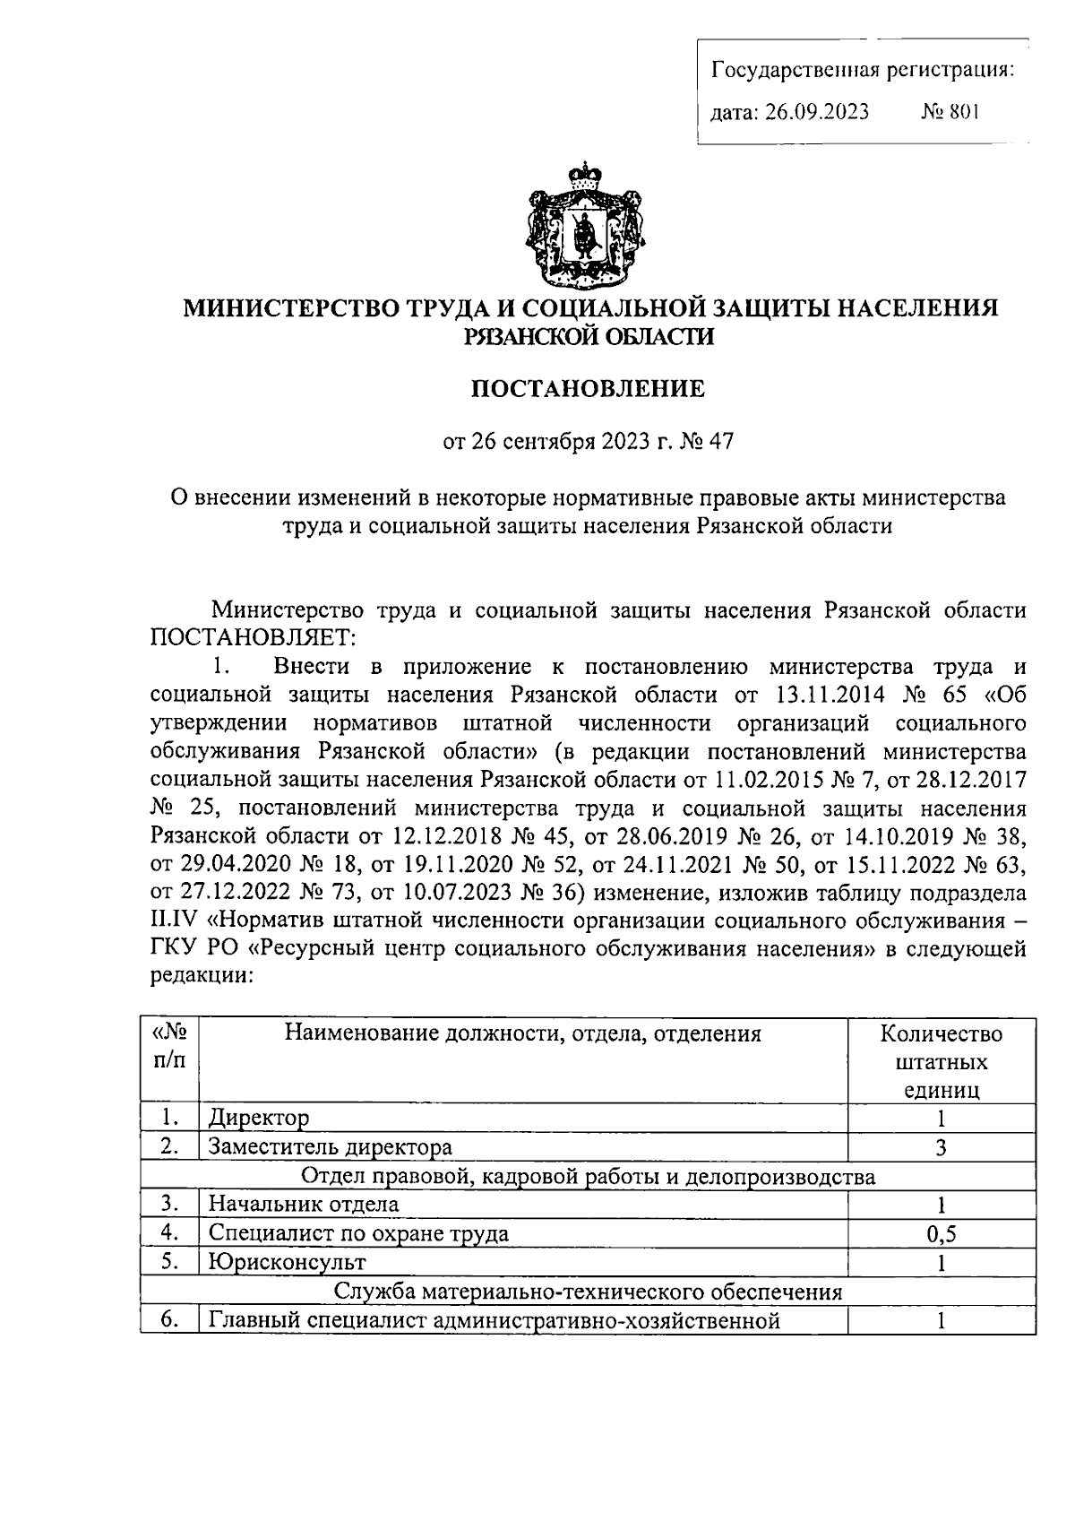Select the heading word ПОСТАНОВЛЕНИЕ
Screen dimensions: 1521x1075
[588, 389]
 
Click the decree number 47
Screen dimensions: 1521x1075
[721, 441]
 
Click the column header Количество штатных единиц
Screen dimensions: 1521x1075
[941, 1061]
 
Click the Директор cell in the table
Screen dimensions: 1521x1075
[259, 1118]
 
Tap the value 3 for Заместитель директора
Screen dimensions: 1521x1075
[941, 1147]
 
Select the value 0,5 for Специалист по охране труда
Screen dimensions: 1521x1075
[941, 1234]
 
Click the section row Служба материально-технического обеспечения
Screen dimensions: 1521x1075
[588, 1292]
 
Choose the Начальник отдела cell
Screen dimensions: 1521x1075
[304, 1205]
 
